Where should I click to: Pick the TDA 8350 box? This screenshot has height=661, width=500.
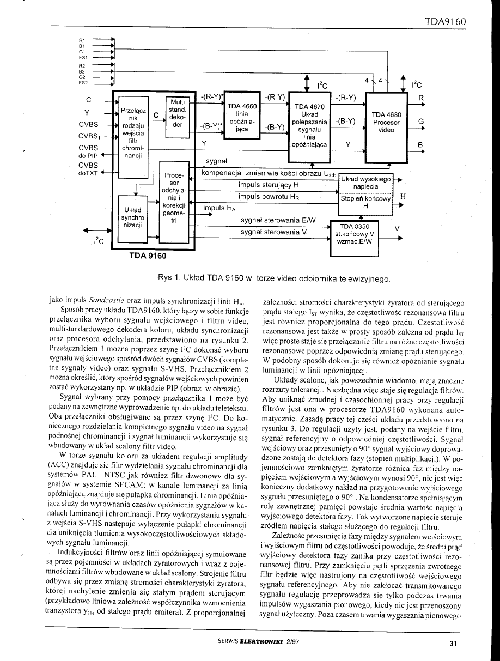355,234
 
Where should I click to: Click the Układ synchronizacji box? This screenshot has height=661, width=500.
132,217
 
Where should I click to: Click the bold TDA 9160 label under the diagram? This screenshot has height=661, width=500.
147,254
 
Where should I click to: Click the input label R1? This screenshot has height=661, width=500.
82,40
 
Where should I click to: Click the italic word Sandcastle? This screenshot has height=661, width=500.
108,300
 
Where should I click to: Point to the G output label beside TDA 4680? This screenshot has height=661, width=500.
420,121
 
